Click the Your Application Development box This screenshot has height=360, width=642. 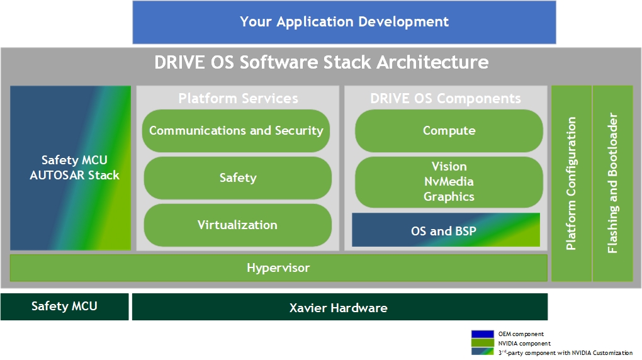pos(344,22)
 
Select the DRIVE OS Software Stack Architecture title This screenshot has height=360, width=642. pos(322,62)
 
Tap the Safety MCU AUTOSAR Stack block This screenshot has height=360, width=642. pos(70,168)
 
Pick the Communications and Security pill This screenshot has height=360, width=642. pos(236,131)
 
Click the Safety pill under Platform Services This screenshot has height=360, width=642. pos(237,177)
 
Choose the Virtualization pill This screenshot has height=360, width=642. pos(237,225)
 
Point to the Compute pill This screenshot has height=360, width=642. pos(449,131)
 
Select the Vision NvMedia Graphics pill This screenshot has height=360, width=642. pos(449,182)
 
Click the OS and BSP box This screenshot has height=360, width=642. pos(446,230)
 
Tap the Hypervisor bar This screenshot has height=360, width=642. pos(278,268)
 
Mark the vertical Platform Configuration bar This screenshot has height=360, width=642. pos(571,184)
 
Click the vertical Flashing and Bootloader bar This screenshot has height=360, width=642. pos(612,184)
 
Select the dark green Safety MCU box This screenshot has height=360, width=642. pos(64,307)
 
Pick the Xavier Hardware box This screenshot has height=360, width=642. pos(340,307)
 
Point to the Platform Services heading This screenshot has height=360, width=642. pos(238,98)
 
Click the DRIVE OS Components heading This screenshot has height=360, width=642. pos(446,98)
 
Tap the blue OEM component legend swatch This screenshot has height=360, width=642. pos(482,334)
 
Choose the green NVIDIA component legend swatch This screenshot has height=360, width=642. pos(482,343)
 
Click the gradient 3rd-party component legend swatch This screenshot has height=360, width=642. pos(482,351)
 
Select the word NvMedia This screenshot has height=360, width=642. pos(449,181)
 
